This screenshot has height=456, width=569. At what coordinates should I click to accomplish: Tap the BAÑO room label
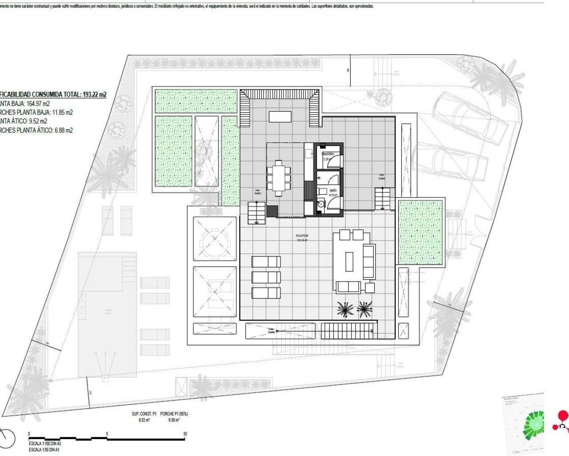pos(333,190)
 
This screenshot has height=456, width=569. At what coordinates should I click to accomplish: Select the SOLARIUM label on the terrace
pos(302,236)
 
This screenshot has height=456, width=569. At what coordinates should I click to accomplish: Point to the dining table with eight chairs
pos(279,178)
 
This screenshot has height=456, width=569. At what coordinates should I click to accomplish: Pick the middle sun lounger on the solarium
pos(266,277)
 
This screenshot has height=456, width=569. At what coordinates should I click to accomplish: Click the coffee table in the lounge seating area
pos(349,261)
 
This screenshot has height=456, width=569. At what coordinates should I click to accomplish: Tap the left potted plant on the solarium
pos(345,309)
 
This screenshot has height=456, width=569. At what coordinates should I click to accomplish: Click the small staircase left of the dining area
pos(256,212)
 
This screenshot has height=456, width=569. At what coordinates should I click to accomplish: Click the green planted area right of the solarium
pos(420,232)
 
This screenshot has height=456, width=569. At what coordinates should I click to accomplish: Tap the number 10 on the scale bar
pos(184,433)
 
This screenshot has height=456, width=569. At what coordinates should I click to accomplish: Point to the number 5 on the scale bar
pos(107,433)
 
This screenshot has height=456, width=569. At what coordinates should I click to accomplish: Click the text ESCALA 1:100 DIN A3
pos(44,444)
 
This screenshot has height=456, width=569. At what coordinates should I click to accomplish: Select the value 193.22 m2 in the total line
pos(94,94)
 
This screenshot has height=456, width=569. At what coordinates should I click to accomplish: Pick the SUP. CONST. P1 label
pos(144,414)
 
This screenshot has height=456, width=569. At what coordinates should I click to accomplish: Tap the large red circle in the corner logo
pos(563,416)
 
